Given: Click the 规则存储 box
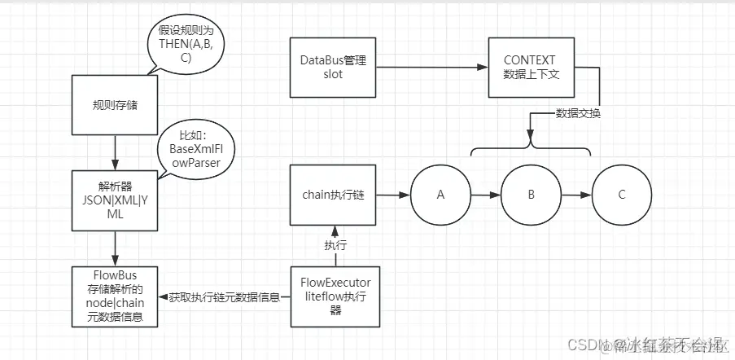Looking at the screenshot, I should click(x=115, y=105).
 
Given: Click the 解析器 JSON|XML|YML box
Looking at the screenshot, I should click(x=115, y=200).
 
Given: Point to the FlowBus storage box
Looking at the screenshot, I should click(x=114, y=296).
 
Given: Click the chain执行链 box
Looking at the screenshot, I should click(x=334, y=195).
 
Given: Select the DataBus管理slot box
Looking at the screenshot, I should click(x=332, y=68).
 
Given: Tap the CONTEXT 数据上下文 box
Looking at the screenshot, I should click(x=530, y=68).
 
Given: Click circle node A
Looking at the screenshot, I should click(x=441, y=196).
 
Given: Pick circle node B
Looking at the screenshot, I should click(x=531, y=196).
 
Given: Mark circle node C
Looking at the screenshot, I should click(x=622, y=196).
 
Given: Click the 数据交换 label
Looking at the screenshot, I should click(x=578, y=113).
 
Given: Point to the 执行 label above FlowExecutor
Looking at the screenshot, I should click(x=334, y=244).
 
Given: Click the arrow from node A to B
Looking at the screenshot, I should click(x=486, y=196).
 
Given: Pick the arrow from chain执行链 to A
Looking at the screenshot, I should click(x=394, y=195).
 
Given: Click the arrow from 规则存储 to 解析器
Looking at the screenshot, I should click(x=115, y=152).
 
